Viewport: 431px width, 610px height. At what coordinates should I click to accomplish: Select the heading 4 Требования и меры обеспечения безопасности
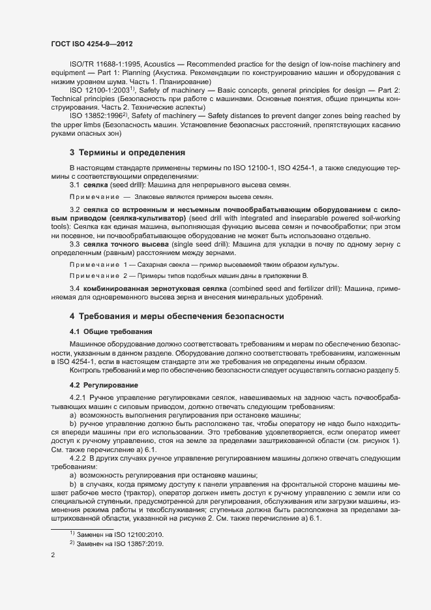tap(177, 316)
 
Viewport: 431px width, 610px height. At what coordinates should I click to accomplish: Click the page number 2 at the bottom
tap(53, 556)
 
